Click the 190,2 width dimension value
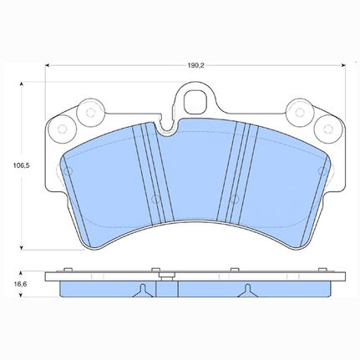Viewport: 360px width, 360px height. pos(195,66)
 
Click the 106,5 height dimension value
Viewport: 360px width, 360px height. pos(21,165)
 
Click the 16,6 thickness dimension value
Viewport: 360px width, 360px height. pos(21,284)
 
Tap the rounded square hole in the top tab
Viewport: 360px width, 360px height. pos(195,101)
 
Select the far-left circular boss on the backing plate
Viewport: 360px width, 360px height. pos(62,129)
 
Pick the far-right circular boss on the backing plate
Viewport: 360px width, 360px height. pos(328,129)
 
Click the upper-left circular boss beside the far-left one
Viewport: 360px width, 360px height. pos(90,113)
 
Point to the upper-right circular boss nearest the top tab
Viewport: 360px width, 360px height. pos(300,112)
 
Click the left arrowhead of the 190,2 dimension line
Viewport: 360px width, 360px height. pos(47,65)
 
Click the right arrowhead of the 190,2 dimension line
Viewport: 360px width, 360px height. pos(343,65)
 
